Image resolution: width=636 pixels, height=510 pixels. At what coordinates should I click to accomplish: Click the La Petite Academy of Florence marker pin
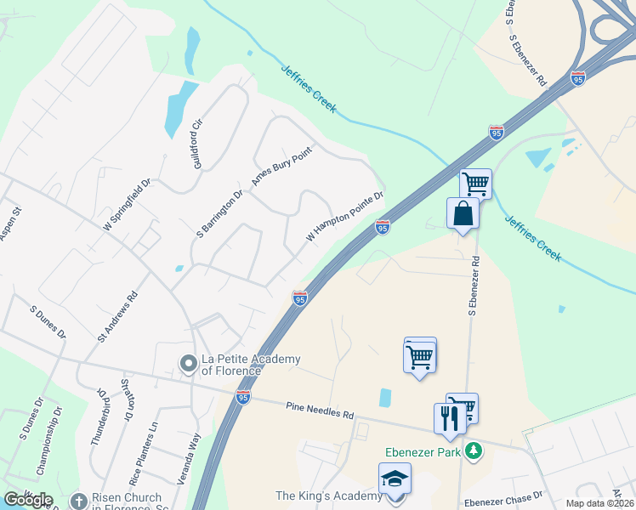pyautogui.click(x=188, y=364)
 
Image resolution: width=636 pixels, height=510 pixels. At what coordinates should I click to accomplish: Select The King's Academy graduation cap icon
pyautogui.click(x=395, y=480)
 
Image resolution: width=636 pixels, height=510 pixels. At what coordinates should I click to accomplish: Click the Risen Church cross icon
pyautogui.click(x=79, y=501)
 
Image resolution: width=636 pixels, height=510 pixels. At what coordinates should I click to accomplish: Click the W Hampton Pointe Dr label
pyautogui.click(x=344, y=216)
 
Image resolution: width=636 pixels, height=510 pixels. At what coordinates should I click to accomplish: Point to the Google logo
pyautogui.click(x=28, y=500)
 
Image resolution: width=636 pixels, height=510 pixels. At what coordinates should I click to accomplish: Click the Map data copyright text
pyautogui.click(x=600, y=503)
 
